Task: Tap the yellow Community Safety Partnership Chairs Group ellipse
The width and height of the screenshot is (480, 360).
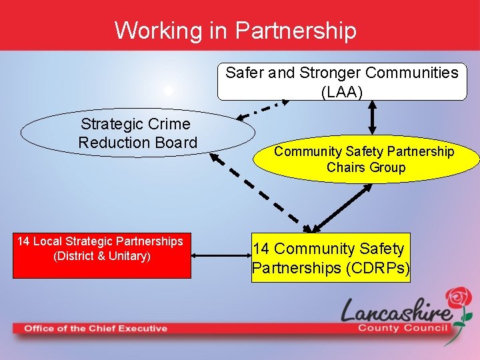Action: click(x=365, y=159)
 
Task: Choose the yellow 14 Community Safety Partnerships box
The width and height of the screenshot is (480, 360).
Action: click(x=331, y=258)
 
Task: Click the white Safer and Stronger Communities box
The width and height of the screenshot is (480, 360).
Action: click(x=342, y=82)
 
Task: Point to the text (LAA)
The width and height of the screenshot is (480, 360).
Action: click(x=342, y=91)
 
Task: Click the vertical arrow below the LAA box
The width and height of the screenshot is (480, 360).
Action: click(x=371, y=118)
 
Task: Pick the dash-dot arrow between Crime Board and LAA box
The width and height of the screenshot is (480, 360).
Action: click(x=263, y=109)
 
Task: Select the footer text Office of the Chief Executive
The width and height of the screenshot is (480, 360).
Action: click(x=95, y=328)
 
